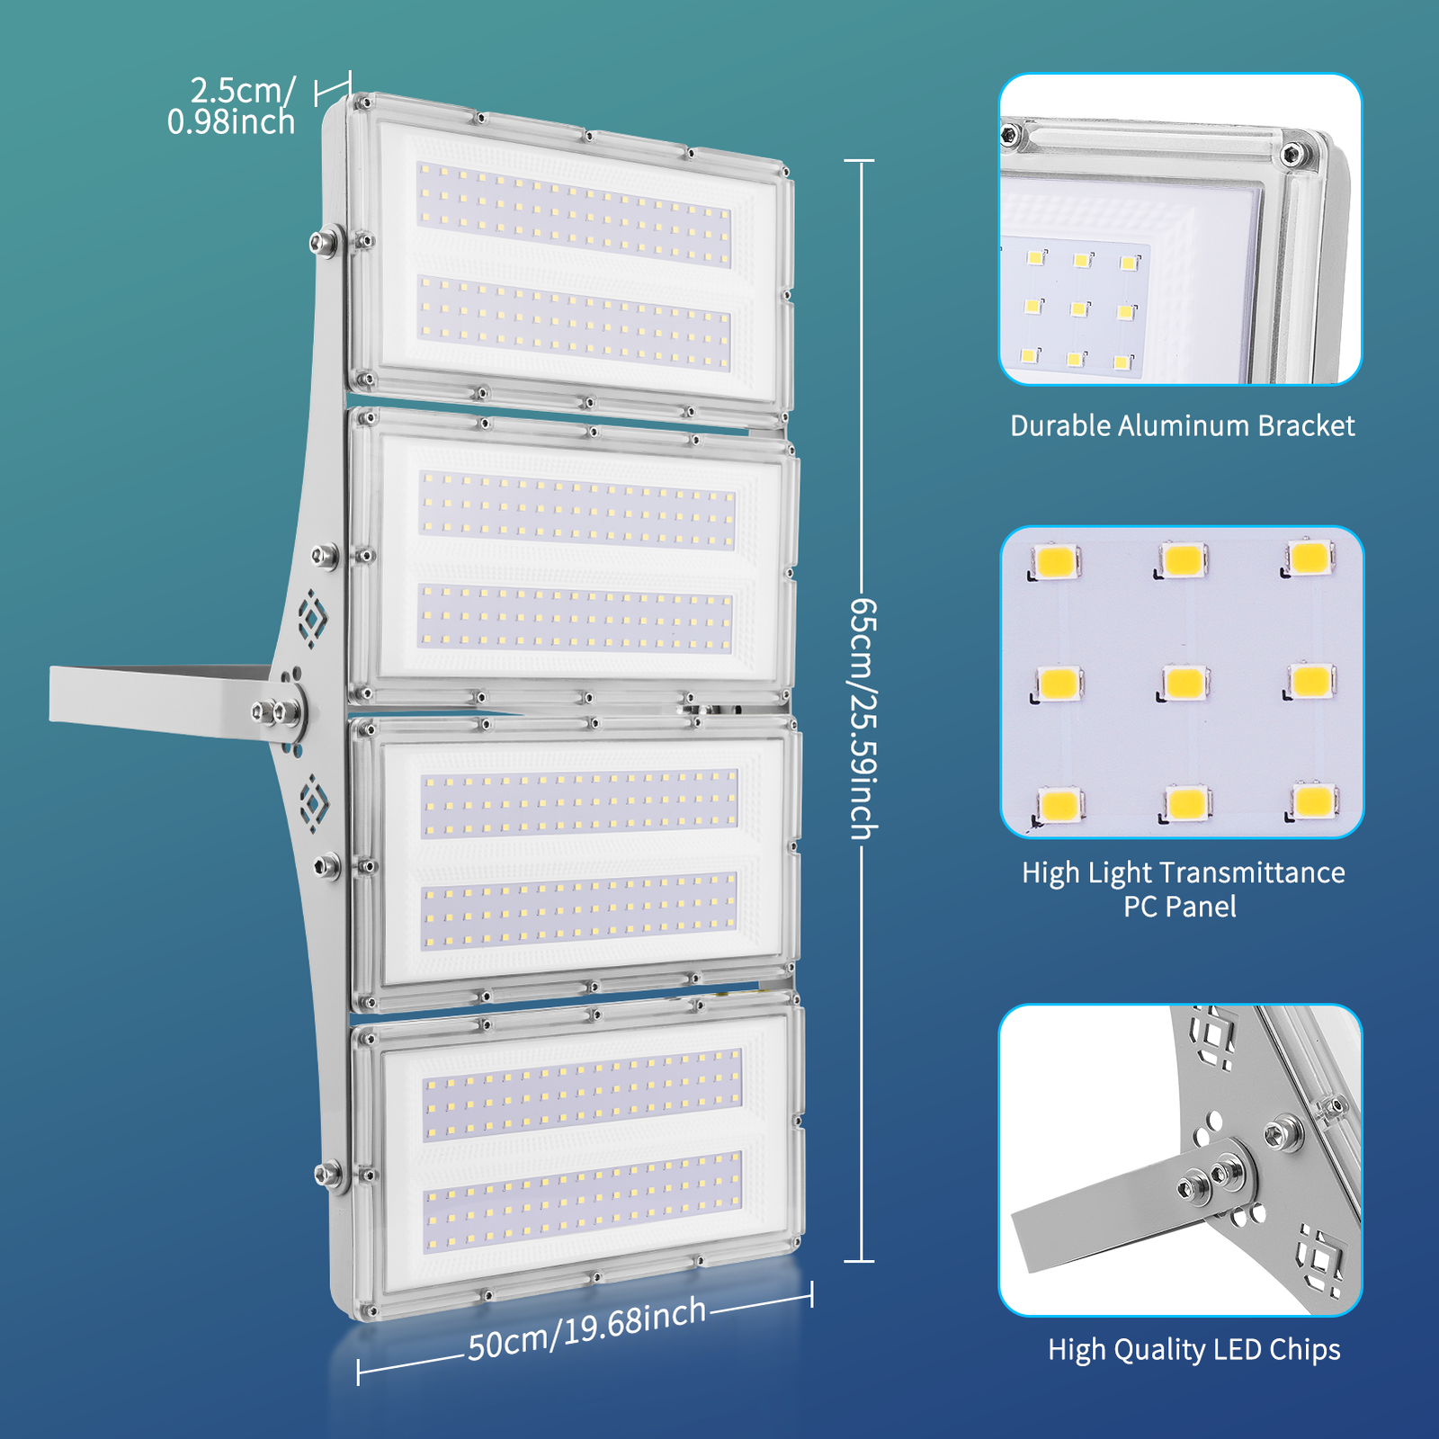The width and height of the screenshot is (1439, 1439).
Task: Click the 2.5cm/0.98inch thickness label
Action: [x=232, y=106]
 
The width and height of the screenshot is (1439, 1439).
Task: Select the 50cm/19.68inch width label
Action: [x=586, y=1329]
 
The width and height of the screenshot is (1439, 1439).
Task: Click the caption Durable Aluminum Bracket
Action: [x=1182, y=425]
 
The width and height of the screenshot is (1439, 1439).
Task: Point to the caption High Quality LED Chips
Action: [x=1193, y=1349]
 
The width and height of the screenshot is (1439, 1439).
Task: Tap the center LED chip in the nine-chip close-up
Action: [x=1184, y=682]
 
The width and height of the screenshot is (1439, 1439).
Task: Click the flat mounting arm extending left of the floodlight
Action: [x=153, y=697]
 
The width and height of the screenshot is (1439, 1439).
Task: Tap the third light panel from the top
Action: [x=578, y=859]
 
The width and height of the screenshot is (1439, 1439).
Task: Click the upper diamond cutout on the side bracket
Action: [x=312, y=618]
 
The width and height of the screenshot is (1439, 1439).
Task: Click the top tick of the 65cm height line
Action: [x=860, y=161]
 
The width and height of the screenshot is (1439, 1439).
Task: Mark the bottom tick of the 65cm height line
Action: [x=860, y=1261]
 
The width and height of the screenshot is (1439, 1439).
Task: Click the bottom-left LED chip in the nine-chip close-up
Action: [x=1059, y=803]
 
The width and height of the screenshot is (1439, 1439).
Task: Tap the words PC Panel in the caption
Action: [x=1180, y=907]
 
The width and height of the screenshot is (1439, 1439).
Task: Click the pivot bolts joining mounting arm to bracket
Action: [x=277, y=712]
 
